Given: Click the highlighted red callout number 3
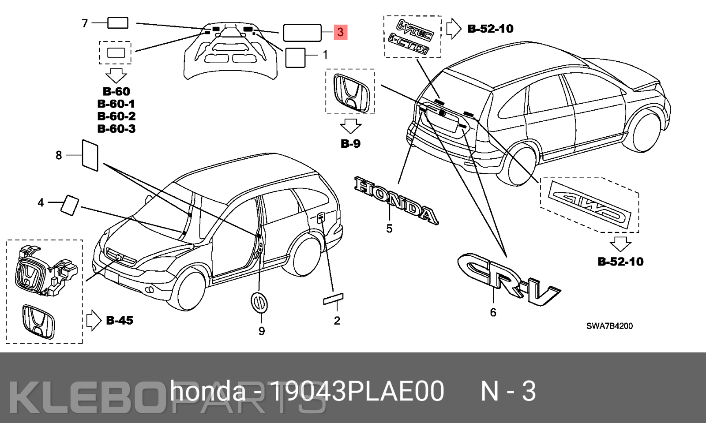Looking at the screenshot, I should click(340, 32).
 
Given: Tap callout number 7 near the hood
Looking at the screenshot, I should click(85, 23).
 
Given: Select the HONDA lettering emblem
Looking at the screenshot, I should click(396, 201).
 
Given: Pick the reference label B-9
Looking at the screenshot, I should click(350, 143).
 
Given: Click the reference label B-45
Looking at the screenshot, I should click(120, 320).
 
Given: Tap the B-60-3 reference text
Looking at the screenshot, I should click(116, 129).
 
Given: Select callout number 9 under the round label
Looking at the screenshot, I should click(262, 331).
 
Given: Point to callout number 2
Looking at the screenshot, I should click(337, 321).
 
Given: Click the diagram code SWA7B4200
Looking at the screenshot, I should click(609, 326).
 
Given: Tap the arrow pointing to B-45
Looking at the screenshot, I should click(94, 320).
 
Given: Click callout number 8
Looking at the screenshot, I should click(59, 155).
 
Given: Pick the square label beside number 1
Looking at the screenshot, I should click(295, 57).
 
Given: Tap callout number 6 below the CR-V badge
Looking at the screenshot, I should click(493, 312).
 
